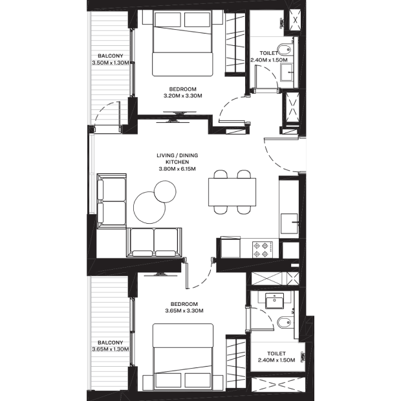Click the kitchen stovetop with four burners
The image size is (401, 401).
click(x=263, y=250)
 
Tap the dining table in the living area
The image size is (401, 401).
click(x=232, y=192)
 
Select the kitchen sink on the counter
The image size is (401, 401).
click(x=289, y=224)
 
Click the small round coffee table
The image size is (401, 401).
click(x=165, y=192)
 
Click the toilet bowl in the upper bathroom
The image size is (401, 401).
click(x=285, y=50)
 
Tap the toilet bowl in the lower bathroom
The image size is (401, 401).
click(x=284, y=323)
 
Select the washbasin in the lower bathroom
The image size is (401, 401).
click(x=274, y=301)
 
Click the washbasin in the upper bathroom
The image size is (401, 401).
click(x=287, y=72)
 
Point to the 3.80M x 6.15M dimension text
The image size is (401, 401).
click(x=177, y=169)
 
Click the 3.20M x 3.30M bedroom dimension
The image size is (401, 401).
click(x=183, y=96)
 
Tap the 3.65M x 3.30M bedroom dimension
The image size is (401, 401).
click(x=184, y=310)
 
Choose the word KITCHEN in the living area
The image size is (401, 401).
click(x=177, y=162)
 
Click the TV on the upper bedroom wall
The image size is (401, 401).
click(x=180, y=113)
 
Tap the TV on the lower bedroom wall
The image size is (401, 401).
click(x=160, y=275)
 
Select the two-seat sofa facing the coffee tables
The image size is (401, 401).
click(x=154, y=242)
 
